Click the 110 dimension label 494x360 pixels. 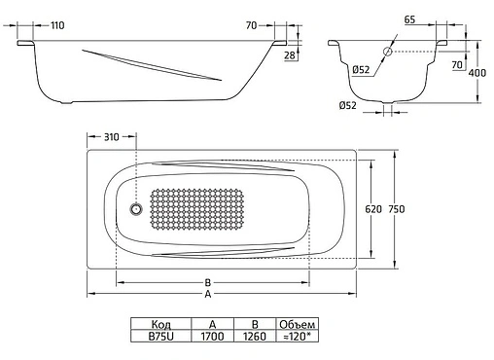coord(57,25)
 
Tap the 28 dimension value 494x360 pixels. coord(290,55)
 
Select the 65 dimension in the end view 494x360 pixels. coord(409,19)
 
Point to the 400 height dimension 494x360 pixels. coord(477,72)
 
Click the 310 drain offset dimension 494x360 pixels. coord(112,137)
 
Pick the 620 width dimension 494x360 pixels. coord(373,209)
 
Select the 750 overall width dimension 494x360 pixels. coord(397,209)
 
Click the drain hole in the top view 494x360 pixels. coord(136,209)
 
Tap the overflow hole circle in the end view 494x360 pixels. coord(388,52)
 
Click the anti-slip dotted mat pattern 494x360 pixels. coord(196,209)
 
